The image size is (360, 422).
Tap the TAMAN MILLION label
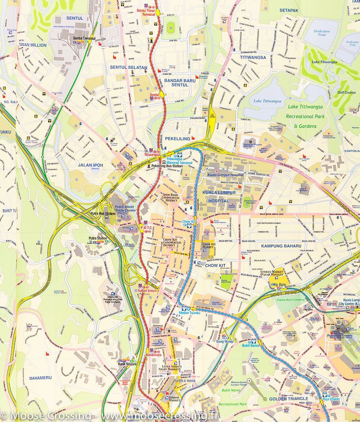point(32,45)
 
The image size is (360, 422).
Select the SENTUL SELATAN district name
point(129,67)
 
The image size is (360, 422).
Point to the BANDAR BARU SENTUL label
point(180,82)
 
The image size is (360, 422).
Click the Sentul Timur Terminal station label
point(145,12)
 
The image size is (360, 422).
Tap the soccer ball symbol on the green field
point(171,28)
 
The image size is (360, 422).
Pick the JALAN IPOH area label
point(90,165)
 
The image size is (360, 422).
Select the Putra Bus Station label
point(102,213)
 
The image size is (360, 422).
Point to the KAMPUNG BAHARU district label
point(281,246)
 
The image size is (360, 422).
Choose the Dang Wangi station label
point(225,342)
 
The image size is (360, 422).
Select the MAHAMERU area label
point(40,378)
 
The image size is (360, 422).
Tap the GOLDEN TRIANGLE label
point(288,399)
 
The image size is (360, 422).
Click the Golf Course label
point(346,92)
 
